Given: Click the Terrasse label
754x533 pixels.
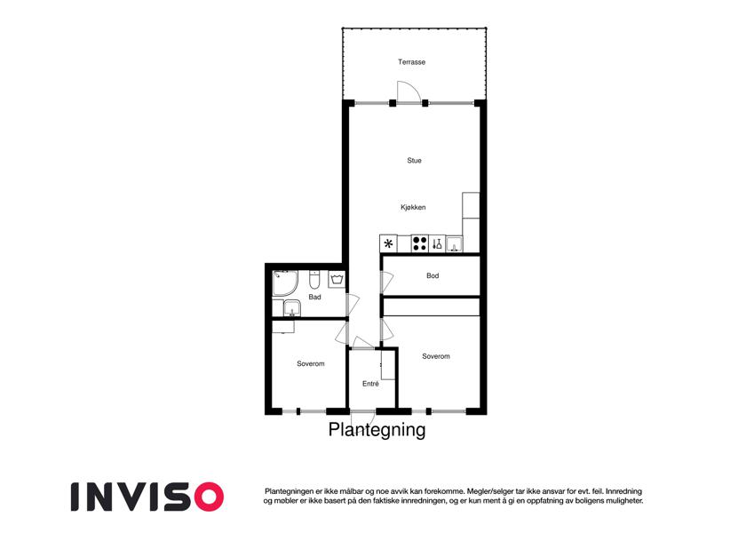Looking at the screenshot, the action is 411,62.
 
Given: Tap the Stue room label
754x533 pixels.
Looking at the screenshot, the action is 414,161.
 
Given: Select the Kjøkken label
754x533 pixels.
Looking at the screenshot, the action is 413,207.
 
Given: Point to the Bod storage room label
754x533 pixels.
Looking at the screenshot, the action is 433,275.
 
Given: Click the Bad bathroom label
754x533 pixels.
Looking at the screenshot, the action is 315,297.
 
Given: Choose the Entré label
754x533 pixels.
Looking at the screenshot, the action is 370,384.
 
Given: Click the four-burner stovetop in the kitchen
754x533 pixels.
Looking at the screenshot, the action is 420,243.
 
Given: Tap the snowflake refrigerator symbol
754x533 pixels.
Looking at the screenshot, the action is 388,244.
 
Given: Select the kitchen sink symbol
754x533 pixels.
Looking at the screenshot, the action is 455,244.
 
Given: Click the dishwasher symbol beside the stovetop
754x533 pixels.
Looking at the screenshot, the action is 437,243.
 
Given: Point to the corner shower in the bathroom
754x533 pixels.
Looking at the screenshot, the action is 285,283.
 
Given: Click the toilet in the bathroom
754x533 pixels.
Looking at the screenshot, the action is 314,279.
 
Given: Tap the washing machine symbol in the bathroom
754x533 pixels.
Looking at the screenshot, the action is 337,280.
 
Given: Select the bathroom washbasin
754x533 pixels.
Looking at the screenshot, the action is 292,308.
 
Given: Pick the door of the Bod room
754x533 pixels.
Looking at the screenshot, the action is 387,282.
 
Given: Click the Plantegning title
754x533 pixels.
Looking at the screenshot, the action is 377,430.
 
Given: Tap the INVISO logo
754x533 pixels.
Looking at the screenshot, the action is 147,497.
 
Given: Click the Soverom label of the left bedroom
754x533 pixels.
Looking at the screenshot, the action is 311,363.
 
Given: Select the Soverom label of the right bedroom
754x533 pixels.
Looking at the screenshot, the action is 436,356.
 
